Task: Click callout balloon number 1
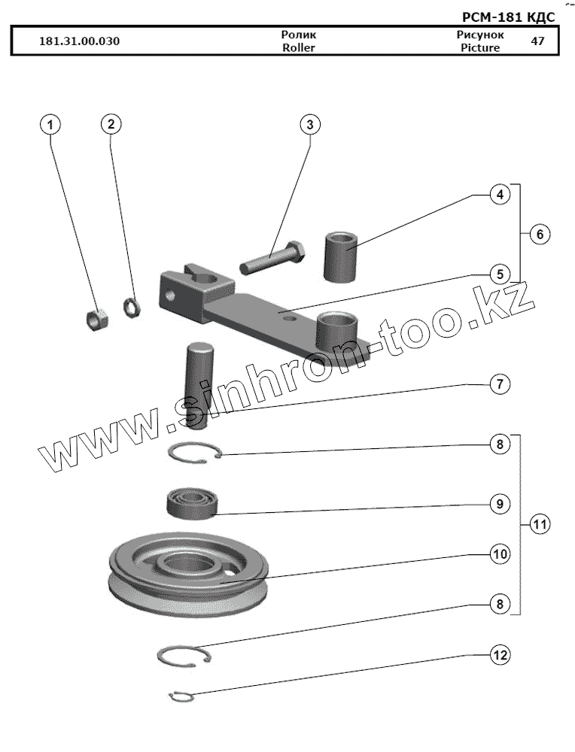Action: coord(50,124)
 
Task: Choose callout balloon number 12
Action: coord(498,654)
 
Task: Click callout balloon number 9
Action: coord(498,504)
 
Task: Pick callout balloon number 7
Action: coord(498,384)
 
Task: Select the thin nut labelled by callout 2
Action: coord(129,306)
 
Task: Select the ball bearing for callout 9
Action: coord(191,502)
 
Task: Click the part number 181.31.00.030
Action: coord(79,41)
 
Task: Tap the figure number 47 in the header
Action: coord(537,41)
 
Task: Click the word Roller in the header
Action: coord(298,47)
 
